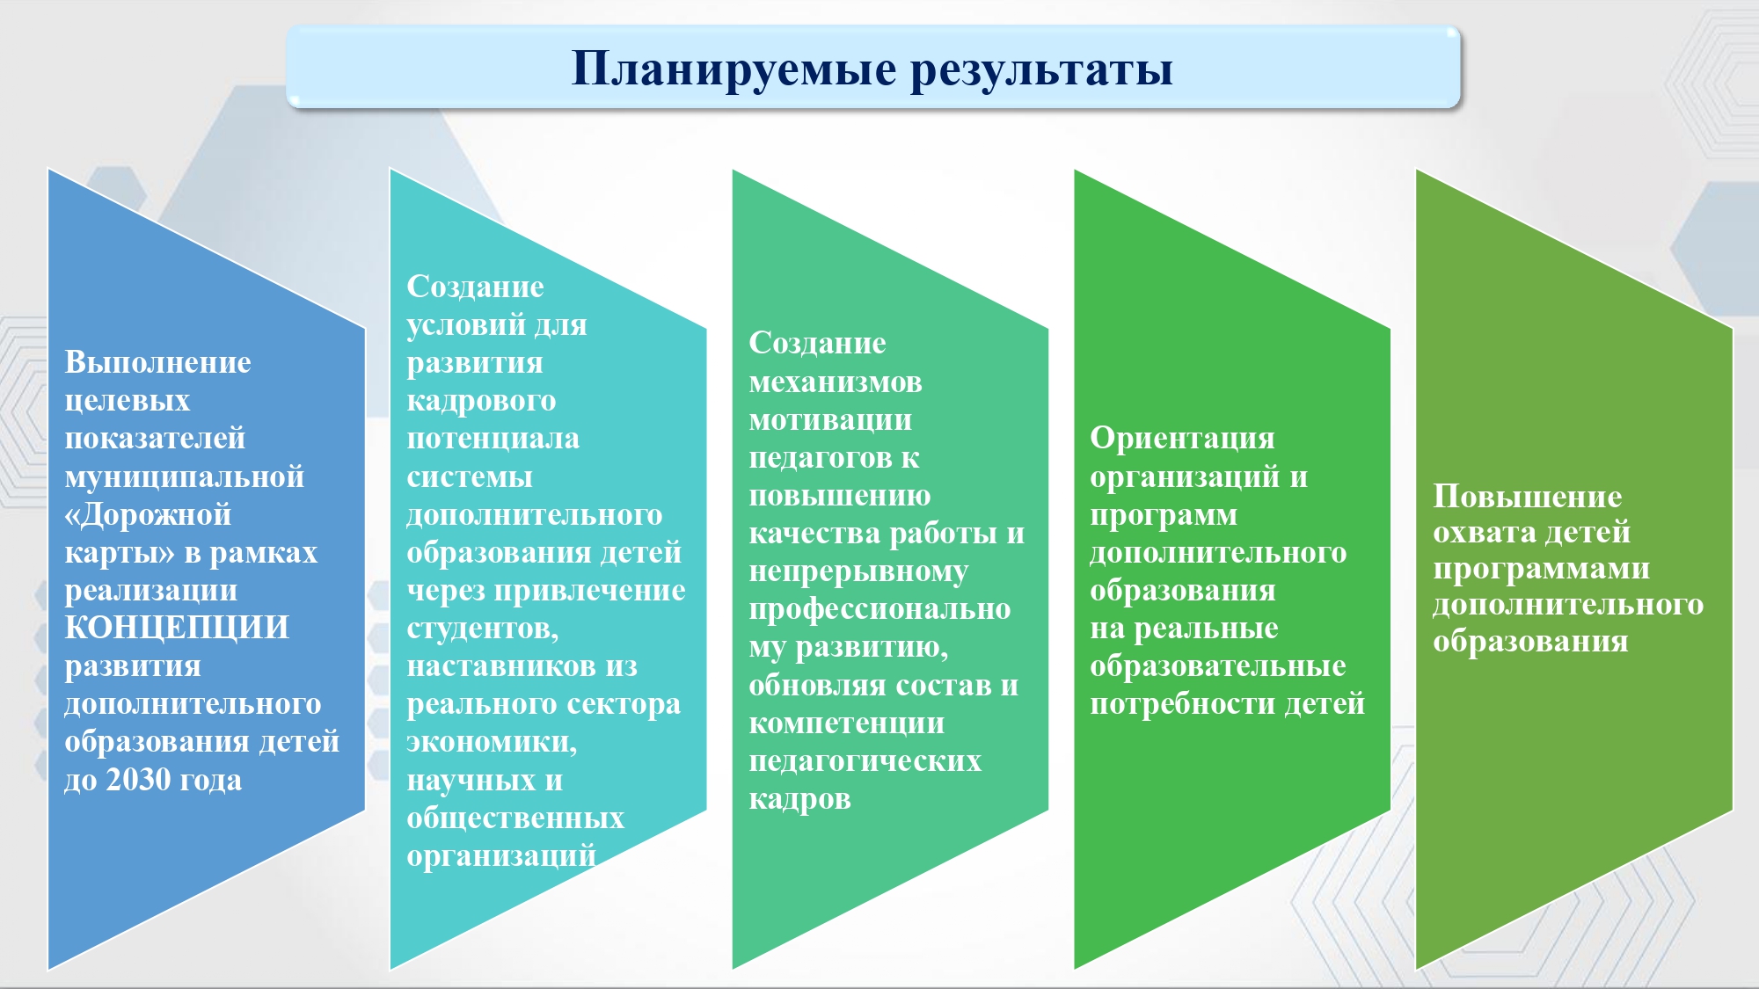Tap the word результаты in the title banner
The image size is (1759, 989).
(1041, 69)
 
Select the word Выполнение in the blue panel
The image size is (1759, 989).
(157, 362)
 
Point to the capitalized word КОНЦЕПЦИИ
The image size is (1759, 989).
(177, 628)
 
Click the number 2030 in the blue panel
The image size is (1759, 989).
(138, 780)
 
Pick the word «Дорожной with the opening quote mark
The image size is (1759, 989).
(148, 514)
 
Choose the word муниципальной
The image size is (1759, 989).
(185, 476)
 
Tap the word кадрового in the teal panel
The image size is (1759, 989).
(481, 401)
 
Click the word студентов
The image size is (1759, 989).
(483, 629)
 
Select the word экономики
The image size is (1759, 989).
(492, 742)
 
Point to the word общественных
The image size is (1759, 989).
(515, 818)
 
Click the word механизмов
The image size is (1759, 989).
(836, 382)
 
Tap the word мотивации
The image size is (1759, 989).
(830, 420)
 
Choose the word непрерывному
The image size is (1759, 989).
(858, 572)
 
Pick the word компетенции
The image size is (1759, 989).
(847, 724)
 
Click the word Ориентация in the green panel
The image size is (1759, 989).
(1182, 439)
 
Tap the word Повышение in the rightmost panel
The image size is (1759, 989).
(1528, 497)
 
